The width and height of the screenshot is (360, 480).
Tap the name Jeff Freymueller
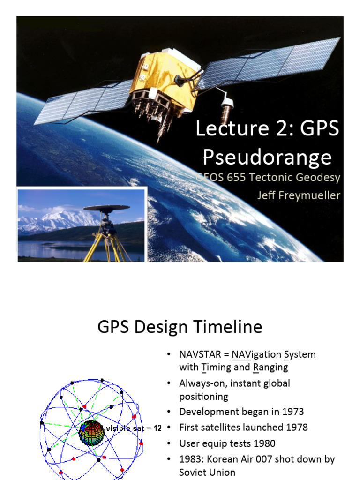[298, 195]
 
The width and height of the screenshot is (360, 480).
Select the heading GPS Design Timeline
[180, 327]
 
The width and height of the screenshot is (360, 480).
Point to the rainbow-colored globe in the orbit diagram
[91, 432]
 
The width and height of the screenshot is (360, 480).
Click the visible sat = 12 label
[134, 428]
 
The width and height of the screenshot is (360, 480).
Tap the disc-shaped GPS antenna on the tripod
[106, 208]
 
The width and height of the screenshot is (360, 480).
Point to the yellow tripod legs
[105, 246]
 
